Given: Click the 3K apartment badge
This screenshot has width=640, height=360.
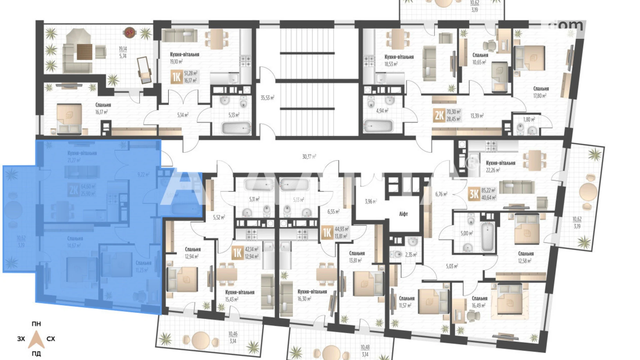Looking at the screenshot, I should (474, 194).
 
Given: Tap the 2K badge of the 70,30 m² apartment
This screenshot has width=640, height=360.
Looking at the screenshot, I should (439, 115).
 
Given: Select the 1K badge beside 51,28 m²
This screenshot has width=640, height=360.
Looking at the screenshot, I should (176, 77).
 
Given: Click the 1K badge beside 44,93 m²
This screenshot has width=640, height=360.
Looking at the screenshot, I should (327, 232).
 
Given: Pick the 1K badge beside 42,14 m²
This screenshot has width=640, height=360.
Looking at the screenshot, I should (237, 253).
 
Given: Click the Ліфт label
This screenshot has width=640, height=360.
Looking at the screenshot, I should (403, 214).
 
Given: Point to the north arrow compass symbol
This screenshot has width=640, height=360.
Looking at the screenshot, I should (36, 339).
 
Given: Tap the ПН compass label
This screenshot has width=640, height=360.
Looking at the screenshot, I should (36, 324).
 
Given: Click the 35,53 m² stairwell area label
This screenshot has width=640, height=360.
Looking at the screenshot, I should (267, 98).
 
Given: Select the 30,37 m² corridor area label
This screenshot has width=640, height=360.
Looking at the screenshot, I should (309, 157).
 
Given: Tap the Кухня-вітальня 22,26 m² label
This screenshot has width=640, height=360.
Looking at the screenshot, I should (500, 166).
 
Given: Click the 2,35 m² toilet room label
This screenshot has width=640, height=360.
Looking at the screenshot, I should (411, 255).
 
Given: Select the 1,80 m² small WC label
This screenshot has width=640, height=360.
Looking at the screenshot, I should (529, 120).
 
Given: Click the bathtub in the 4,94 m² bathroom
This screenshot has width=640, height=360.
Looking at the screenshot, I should (378, 126).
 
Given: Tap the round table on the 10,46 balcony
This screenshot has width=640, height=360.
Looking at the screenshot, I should (201, 340).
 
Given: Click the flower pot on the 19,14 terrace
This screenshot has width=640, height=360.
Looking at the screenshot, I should (129, 33).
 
